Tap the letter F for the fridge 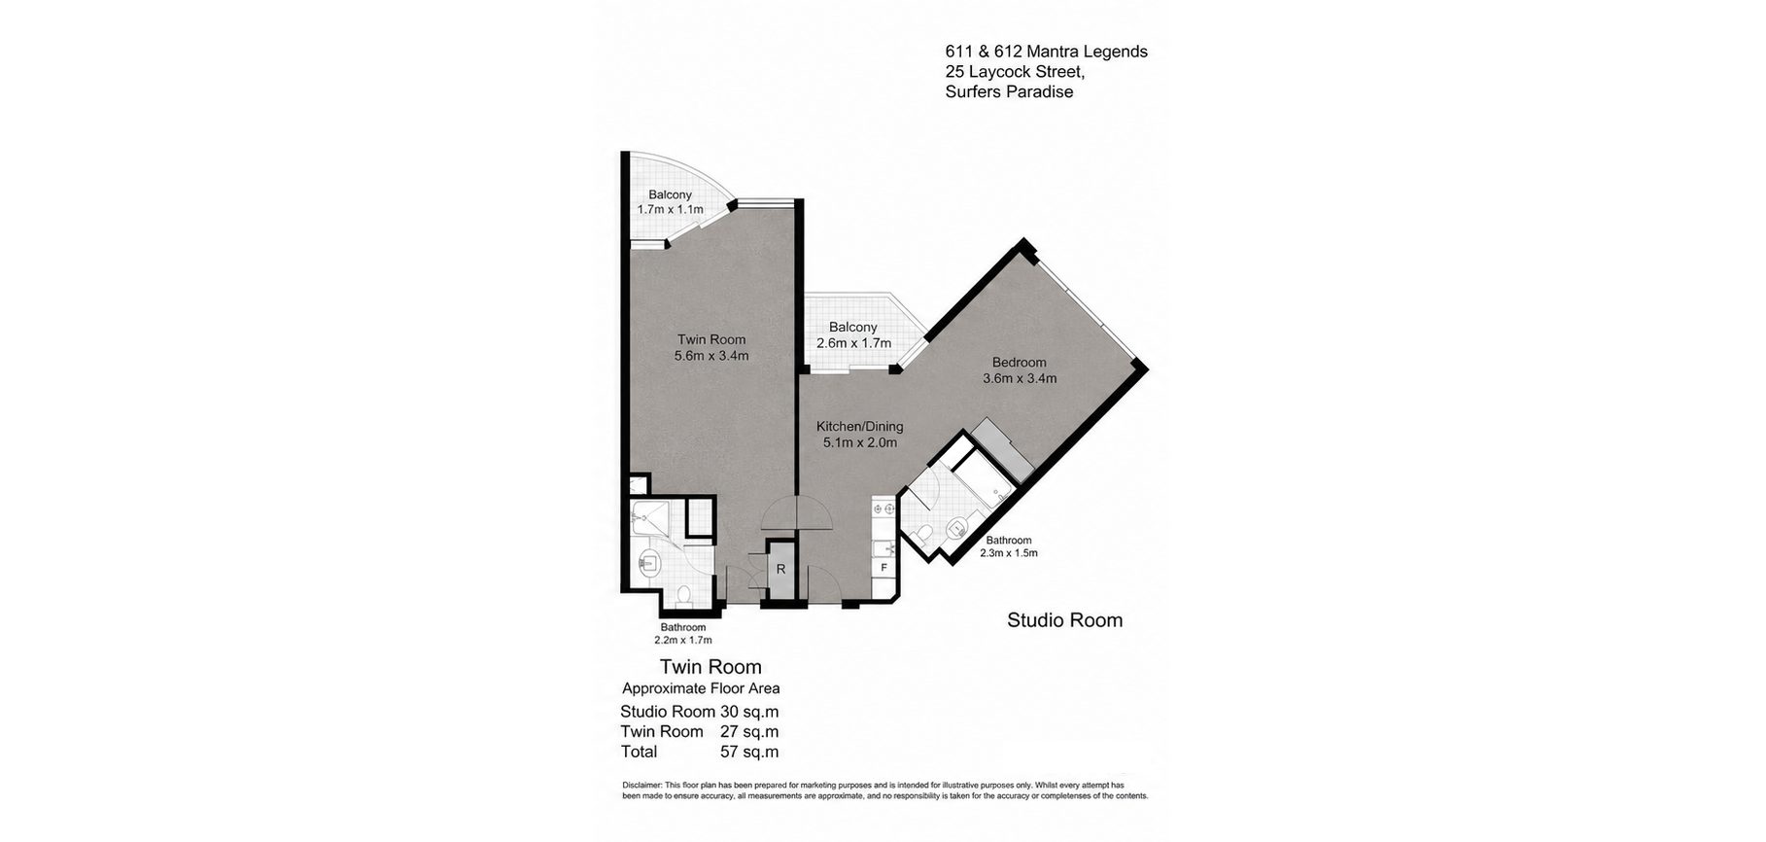tap(883, 567)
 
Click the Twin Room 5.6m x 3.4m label tap(711, 347)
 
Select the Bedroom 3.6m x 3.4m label tap(1020, 370)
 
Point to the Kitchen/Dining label tap(859, 426)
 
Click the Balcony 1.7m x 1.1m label tap(670, 202)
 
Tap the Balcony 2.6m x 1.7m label tap(853, 335)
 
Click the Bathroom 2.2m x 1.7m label tap(683, 634)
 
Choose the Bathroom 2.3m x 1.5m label tap(1009, 546)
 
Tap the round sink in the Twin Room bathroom tap(649, 561)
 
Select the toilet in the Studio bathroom tap(925, 531)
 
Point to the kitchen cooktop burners tap(883, 507)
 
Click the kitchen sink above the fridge tap(883, 546)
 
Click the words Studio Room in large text tap(1064, 619)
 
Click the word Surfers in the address tap(975, 92)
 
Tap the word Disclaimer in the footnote tap(641, 785)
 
